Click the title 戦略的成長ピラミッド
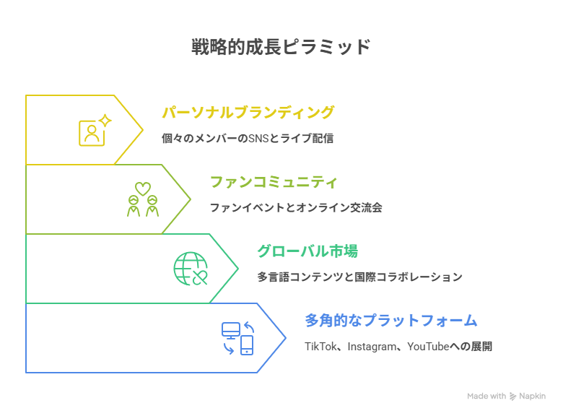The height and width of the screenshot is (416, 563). (281, 47)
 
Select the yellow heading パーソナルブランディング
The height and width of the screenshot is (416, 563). (248, 113)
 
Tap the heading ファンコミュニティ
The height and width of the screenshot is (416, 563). (274, 182)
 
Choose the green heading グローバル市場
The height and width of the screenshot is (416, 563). (307, 251)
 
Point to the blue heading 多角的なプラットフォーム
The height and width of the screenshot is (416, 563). (390, 320)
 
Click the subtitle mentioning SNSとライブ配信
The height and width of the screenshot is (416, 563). (248, 138)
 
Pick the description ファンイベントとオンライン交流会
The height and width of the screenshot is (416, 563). (295, 207)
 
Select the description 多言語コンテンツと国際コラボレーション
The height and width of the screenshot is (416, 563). (359, 277)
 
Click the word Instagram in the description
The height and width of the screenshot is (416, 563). (370, 347)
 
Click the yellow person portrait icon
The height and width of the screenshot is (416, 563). (92, 133)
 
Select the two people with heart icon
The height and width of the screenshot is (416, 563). (143, 199)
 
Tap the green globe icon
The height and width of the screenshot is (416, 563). (190, 269)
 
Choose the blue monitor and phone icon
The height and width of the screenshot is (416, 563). (238, 338)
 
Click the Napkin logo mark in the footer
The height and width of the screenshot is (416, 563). (513, 396)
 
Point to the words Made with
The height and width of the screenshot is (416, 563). (486, 396)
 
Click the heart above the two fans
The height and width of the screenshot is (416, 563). (143, 188)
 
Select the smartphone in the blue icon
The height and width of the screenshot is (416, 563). (247, 345)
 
